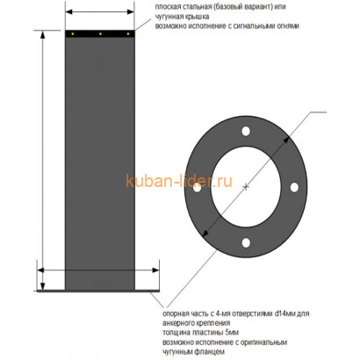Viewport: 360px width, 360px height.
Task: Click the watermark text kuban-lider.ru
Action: coord(180,183)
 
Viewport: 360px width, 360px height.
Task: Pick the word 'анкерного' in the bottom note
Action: coord(179,321)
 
